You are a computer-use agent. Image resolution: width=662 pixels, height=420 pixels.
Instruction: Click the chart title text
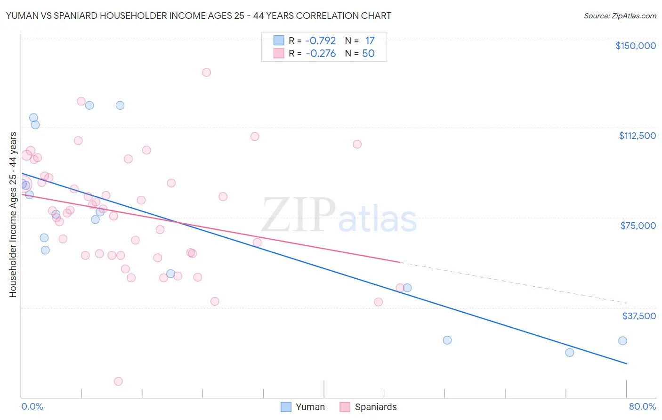pyautogui.click(x=198, y=16)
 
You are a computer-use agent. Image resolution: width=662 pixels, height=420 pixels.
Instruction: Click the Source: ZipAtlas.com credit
pyautogui.click(x=620, y=16)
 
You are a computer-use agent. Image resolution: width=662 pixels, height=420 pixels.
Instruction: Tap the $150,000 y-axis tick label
pyautogui.click(x=635, y=46)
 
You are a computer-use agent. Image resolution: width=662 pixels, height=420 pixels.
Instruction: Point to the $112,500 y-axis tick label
pyautogui.click(x=637, y=136)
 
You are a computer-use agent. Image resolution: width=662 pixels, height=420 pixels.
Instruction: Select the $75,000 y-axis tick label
pyautogui.click(x=638, y=226)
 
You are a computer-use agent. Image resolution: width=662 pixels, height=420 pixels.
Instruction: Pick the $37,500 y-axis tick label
pyautogui.click(x=639, y=316)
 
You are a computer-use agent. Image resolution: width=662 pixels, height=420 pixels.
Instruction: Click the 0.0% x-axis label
pyautogui.click(x=32, y=406)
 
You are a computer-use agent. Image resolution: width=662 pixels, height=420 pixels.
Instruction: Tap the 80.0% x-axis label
pyautogui.click(x=642, y=406)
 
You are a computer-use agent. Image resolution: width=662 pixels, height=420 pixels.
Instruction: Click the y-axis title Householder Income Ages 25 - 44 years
pyautogui.click(x=13, y=215)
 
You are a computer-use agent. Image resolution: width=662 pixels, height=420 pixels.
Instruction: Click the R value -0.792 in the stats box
pyautogui.click(x=320, y=40)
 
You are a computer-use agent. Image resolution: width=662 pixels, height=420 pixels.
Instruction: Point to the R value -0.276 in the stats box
pyautogui.click(x=320, y=53)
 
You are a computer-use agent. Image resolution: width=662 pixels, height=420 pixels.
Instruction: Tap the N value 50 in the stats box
pyautogui.click(x=368, y=53)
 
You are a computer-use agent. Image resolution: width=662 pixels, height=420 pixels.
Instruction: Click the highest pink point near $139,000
pyautogui.click(x=206, y=73)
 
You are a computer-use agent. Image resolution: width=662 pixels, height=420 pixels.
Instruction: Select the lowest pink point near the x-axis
pyautogui.click(x=118, y=381)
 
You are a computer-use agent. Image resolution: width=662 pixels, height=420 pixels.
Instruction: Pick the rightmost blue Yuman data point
pyautogui.click(x=622, y=341)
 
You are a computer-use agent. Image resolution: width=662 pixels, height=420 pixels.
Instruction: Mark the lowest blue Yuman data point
pyautogui.click(x=570, y=353)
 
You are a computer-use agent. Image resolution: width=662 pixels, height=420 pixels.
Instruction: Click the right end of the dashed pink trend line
pyautogui.click(x=627, y=303)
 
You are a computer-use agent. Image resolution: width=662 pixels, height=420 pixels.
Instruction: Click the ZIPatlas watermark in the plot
pyautogui.click(x=339, y=216)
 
